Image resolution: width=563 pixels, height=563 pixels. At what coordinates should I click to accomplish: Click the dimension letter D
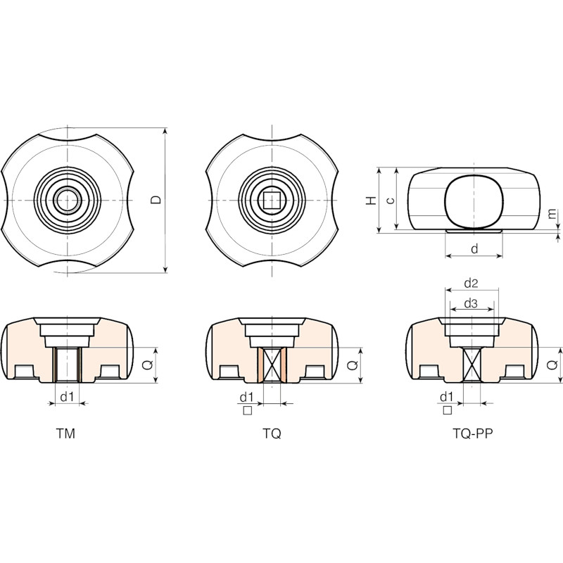click(x=156, y=200)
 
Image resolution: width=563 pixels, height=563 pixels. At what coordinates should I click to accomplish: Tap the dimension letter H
click(x=372, y=201)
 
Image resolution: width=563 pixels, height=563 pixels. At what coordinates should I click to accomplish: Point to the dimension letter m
click(x=552, y=214)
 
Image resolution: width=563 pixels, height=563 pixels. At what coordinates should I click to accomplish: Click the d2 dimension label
click(x=471, y=284)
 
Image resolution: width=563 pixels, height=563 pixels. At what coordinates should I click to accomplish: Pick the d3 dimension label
click(x=471, y=304)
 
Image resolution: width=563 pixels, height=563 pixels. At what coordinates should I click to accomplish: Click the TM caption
click(x=65, y=434)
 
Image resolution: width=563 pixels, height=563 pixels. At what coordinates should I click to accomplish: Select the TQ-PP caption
click(x=472, y=434)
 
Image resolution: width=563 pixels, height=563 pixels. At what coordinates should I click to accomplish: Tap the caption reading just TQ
click(x=272, y=434)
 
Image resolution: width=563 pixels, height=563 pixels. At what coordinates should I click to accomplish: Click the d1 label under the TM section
click(x=67, y=397)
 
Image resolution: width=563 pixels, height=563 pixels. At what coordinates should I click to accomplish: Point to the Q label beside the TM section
click(x=148, y=365)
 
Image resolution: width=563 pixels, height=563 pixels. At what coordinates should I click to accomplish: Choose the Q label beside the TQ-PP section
click(x=552, y=365)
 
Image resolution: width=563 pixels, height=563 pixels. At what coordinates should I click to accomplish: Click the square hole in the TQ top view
click(x=272, y=200)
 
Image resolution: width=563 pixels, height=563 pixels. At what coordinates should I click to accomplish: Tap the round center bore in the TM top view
click(x=67, y=200)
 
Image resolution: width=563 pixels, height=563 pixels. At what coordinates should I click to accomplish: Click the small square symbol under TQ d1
click(x=248, y=410)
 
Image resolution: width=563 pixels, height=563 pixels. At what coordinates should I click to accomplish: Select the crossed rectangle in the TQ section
click(x=272, y=365)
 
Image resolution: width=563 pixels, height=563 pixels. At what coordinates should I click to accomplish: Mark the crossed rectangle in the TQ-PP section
click(x=472, y=365)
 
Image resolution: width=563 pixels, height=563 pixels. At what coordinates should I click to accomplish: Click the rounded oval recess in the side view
click(x=474, y=203)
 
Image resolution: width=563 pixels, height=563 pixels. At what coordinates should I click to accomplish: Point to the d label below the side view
click(x=474, y=248)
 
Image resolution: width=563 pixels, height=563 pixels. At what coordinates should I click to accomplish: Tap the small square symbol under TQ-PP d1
click(x=448, y=410)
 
